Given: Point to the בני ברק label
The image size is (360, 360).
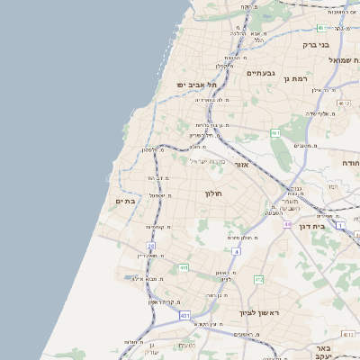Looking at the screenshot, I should click(x=315, y=44).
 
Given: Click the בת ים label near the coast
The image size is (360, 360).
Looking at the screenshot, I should click(x=126, y=201).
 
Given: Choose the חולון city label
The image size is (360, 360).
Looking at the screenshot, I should click(x=213, y=193).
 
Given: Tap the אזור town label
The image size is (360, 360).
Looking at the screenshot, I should click(x=241, y=165).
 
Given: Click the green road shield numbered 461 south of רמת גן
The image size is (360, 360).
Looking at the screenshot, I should click(x=275, y=133).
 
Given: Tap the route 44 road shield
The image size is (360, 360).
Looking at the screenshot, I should click(x=287, y=223).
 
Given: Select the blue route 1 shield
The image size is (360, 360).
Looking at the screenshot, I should click(x=340, y=224).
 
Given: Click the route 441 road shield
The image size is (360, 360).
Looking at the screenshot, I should click(x=184, y=267).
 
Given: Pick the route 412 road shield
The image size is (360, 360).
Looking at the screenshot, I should click(x=258, y=280).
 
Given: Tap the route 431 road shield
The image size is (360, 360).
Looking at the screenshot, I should click(x=184, y=316).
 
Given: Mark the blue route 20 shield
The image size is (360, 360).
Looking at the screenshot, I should click(x=151, y=245).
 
